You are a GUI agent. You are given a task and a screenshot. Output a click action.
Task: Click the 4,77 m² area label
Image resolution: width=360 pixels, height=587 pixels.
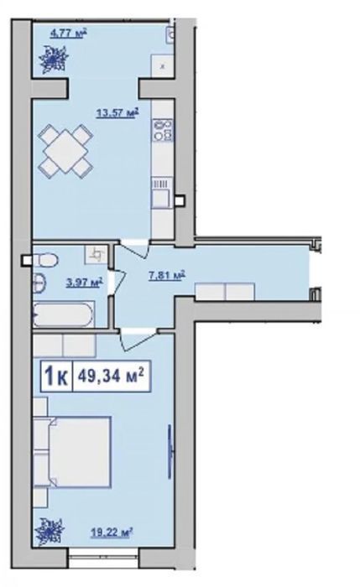tap(69, 34)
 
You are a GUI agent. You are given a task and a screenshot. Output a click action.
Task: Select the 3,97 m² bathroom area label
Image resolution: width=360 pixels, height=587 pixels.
tap(85, 282)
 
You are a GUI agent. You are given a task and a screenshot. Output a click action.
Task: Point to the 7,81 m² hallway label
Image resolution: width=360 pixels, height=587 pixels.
tap(167, 276)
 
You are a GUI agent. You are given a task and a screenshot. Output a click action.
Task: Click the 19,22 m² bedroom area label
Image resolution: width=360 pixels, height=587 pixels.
tap(112, 531)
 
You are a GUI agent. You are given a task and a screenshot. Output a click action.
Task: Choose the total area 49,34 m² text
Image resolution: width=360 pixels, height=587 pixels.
tap(111, 376)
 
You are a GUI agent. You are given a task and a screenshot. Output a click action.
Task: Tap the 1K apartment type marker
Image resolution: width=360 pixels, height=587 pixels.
tap(56, 376)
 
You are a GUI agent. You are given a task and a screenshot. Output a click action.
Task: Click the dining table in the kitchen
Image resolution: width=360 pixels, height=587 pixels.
tap(66, 150)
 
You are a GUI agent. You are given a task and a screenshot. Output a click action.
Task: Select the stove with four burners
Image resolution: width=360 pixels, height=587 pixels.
tap(162, 130)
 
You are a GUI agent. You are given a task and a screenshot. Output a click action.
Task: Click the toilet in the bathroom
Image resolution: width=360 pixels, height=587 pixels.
tap(45, 259)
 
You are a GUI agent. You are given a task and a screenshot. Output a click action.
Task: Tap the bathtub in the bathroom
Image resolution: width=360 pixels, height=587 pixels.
tap(63, 314)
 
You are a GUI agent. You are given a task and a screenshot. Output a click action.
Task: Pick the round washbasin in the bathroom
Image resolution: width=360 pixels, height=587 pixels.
tap(39, 283)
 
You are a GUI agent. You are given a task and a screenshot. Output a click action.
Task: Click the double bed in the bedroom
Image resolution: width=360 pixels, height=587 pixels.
tap(72, 452)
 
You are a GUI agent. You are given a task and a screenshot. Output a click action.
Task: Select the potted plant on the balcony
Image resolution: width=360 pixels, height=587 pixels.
tap(55, 60)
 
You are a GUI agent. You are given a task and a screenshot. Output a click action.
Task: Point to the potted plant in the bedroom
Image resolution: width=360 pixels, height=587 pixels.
tap(50, 532)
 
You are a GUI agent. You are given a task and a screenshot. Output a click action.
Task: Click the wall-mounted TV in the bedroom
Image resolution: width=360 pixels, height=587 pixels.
tap(170, 451)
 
